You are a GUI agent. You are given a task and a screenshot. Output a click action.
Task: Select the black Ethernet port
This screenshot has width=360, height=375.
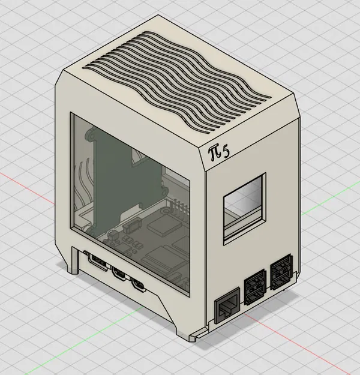tap(227, 304)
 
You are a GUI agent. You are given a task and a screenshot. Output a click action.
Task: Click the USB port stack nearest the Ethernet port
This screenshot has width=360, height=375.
tap(254, 286)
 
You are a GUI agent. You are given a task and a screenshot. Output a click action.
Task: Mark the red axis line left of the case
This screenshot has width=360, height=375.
tap(24, 179)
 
